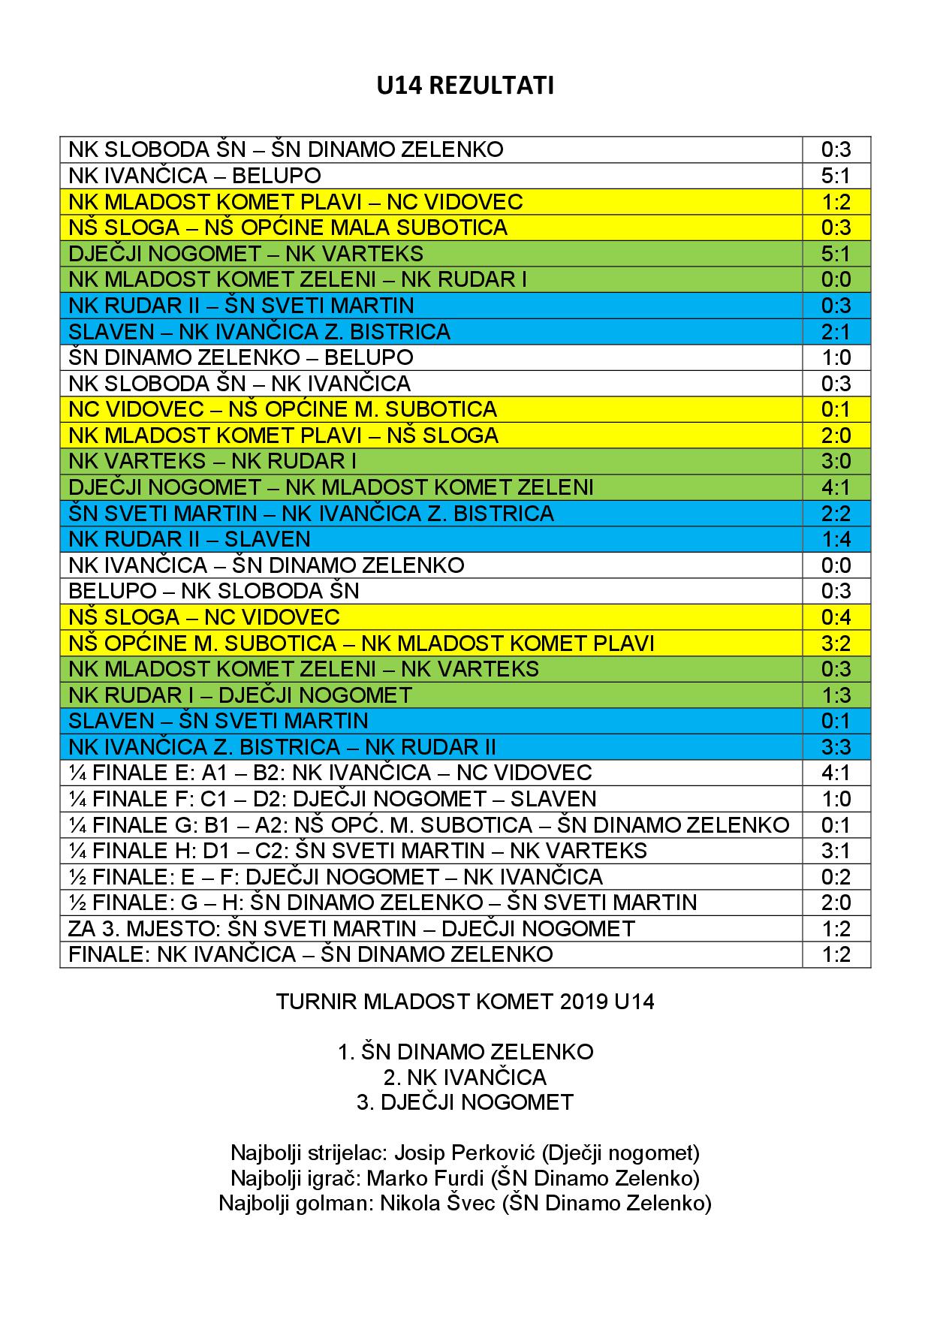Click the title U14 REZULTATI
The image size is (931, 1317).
[x=465, y=86]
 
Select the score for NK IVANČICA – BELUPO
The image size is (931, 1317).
[x=836, y=176]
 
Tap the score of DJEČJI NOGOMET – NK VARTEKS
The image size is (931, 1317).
[x=836, y=254]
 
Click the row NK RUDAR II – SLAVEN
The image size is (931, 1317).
[x=189, y=539]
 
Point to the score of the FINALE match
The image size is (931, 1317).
[x=836, y=954]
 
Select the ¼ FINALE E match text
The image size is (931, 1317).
[x=330, y=773]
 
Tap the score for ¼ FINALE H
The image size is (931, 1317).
[x=836, y=851]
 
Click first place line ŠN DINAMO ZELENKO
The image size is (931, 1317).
[x=465, y=1052]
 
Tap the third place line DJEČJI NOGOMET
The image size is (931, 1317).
[x=465, y=1102]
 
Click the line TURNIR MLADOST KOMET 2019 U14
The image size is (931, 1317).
[x=465, y=1002]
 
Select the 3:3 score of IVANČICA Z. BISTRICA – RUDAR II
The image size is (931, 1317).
[x=836, y=747]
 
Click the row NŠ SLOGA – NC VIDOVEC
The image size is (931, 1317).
[x=204, y=617]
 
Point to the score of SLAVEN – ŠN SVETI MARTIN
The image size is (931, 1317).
[x=836, y=721]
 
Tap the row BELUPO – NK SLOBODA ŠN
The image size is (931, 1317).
[x=214, y=591]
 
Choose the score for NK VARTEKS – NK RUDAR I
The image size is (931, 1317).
[x=836, y=461]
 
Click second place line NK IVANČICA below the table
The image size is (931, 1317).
[x=465, y=1077]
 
